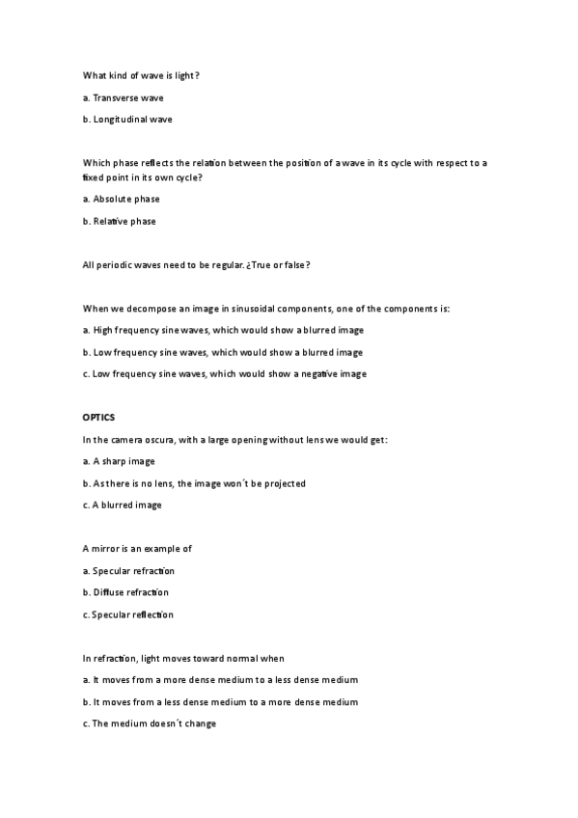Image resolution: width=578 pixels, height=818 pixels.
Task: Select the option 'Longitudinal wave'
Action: tap(132, 120)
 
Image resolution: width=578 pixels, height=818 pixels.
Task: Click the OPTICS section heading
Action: tap(98, 418)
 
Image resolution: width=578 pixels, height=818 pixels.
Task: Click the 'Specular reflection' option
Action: tap(132, 614)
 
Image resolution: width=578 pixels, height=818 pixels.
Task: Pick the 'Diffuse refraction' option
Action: tap(130, 592)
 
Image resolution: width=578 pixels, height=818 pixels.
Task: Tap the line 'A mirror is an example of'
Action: tap(138, 548)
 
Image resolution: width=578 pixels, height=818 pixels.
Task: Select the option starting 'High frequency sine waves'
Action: tap(223, 330)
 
